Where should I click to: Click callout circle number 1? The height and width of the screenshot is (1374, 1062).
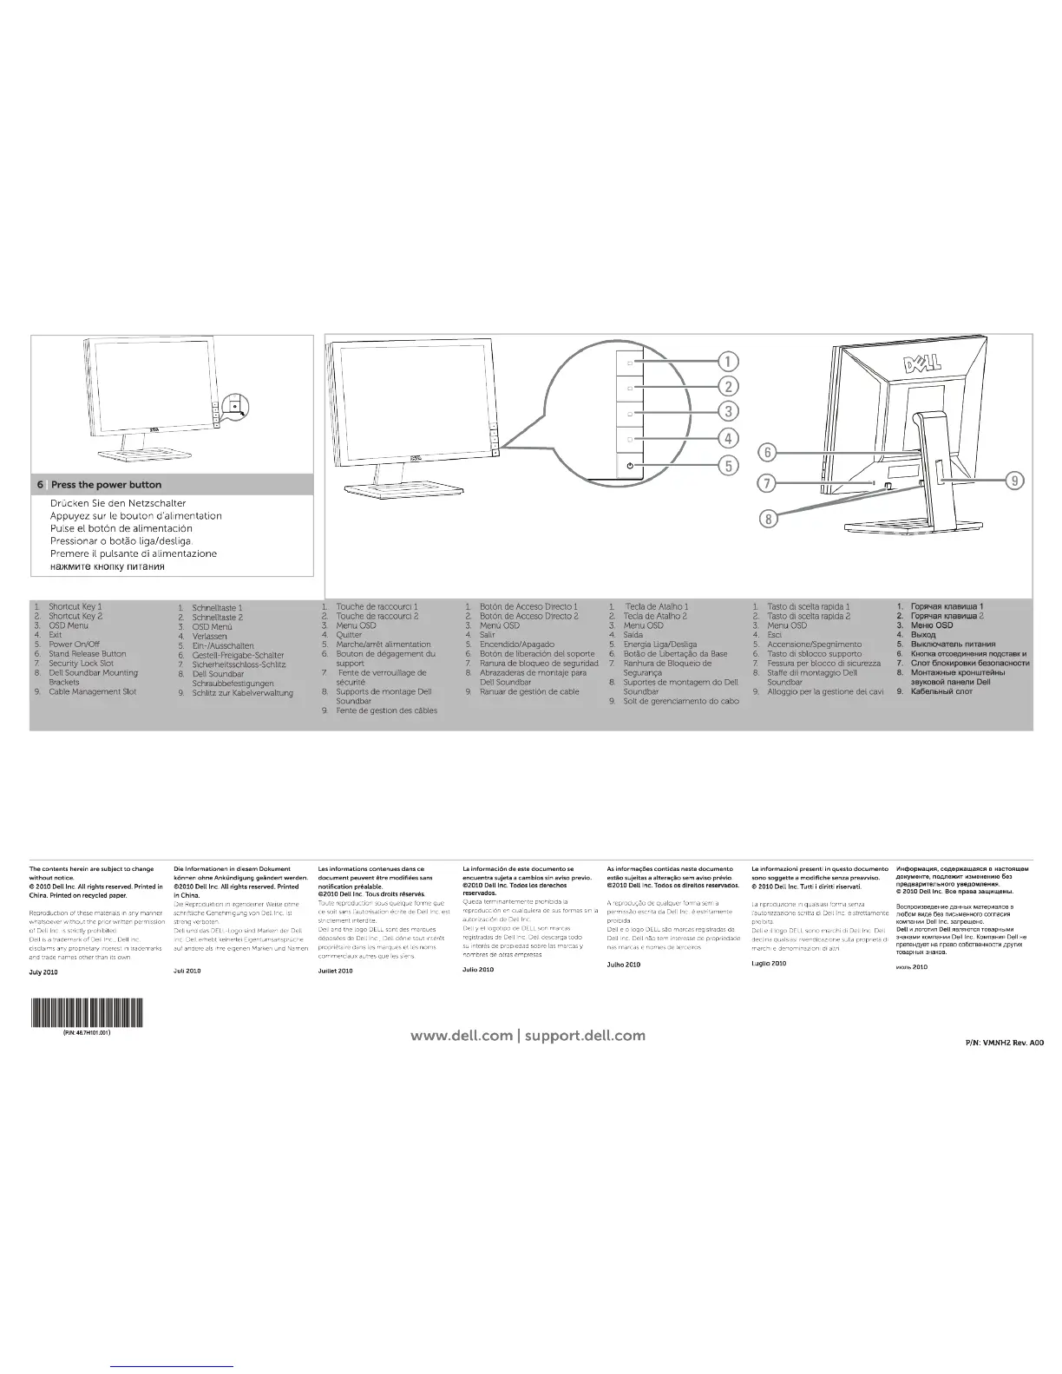click(x=730, y=361)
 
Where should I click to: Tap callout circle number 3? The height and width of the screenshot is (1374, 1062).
click(x=730, y=411)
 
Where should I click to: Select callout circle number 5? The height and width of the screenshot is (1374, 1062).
click(x=730, y=466)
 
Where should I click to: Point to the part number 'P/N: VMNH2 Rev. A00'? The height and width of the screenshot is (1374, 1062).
click(x=1004, y=1044)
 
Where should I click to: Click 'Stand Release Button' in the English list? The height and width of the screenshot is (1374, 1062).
click(x=87, y=654)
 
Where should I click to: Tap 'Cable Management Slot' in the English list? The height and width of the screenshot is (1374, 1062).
click(x=92, y=691)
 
